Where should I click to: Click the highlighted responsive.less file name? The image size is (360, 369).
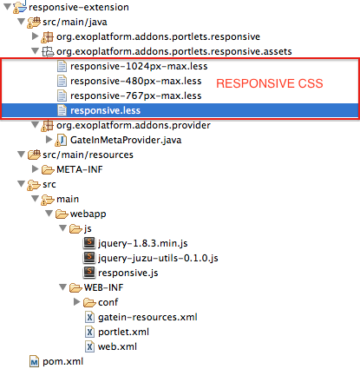point(105,110)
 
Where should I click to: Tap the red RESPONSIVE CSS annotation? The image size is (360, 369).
point(270,83)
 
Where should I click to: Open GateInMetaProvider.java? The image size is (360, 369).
point(126,140)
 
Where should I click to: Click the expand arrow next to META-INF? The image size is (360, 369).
point(35,169)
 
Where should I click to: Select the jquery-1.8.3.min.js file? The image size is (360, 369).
point(143,243)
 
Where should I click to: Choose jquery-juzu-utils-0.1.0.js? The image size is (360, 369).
point(158,258)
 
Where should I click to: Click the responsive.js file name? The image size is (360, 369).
point(128,273)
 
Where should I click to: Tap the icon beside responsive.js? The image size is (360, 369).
point(89,272)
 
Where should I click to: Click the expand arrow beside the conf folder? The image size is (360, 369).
point(76,302)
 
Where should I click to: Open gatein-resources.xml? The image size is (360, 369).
point(147,317)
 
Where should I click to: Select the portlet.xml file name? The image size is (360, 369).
point(123,332)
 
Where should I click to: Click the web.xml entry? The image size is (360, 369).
point(117,346)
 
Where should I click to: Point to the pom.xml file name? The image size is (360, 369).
point(62,361)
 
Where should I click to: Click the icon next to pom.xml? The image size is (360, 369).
point(34,361)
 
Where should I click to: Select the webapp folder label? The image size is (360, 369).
point(88,214)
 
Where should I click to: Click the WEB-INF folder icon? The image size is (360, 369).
point(75,287)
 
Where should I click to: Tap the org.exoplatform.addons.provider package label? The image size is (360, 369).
point(134,125)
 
